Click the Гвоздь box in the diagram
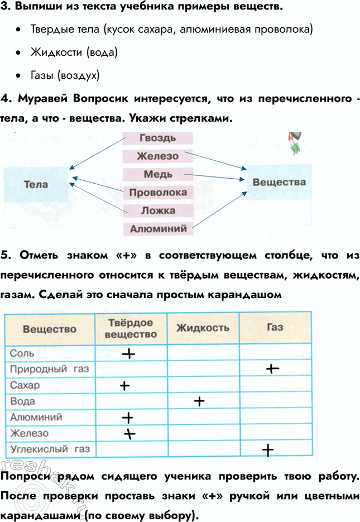(x=158, y=138)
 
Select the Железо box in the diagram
(x=158, y=156)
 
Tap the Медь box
(x=158, y=174)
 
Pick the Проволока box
(x=158, y=193)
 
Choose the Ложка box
(x=158, y=210)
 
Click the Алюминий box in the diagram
(x=158, y=228)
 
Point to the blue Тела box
(x=36, y=184)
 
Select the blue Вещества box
(x=279, y=182)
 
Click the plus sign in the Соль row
(x=128, y=353)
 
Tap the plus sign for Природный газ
(x=272, y=368)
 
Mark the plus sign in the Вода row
(x=198, y=401)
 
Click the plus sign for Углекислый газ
(x=267, y=450)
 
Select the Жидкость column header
(x=203, y=328)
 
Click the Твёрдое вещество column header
(x=131, y=328)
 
